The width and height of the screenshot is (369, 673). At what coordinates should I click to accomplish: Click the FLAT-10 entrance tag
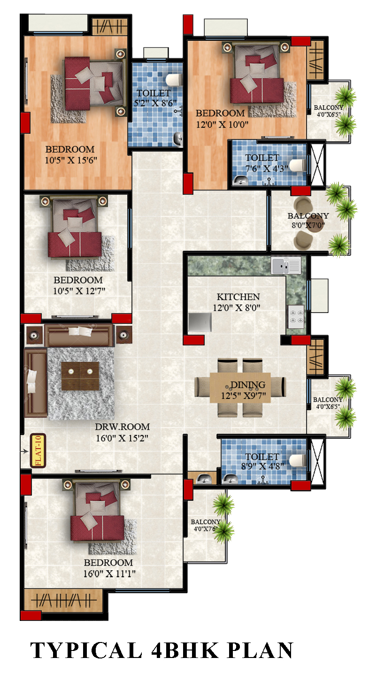point(38,451)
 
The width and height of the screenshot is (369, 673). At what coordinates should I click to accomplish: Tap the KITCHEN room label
point(238,297)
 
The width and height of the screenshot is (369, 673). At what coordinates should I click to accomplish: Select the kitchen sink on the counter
point(286,266)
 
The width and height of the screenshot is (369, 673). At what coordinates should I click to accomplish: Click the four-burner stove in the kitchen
point(296,317)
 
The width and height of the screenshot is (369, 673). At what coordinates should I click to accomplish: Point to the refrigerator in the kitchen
point(200,322)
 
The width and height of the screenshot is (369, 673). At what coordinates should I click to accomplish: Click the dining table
point(240,387)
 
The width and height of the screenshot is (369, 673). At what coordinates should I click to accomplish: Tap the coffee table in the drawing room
point(80,376)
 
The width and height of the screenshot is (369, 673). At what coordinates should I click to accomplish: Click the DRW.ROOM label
point(123,427)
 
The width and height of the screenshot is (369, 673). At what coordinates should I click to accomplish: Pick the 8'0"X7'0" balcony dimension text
point(308,225)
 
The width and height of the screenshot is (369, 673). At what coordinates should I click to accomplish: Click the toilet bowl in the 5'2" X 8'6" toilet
point(174,80)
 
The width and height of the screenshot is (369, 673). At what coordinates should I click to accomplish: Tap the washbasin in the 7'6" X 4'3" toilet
point(240,181)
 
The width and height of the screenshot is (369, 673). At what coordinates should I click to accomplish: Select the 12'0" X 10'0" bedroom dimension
point(223,124)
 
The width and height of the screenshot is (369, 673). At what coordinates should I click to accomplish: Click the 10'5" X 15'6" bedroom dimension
point(71,161)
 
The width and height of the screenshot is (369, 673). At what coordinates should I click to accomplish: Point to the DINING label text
point(248,385)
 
